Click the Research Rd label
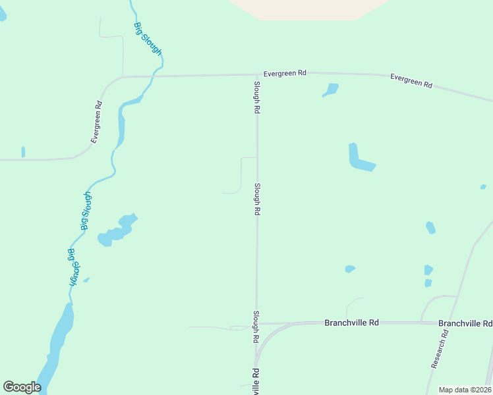point(440,349)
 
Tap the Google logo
point(22,387)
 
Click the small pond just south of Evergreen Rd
point(331,89)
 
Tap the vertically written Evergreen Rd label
point(97,122)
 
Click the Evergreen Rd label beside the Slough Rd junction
point(285,74)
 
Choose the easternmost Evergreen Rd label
point(411,81)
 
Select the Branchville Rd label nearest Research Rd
point(465,323)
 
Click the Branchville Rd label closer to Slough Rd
point(351,323)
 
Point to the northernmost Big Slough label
point(148,39)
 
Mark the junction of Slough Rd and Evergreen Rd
point(257,75)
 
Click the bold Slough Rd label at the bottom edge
point(255,382)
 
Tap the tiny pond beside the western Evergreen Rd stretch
point(23,152)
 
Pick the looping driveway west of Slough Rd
point(241,174)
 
